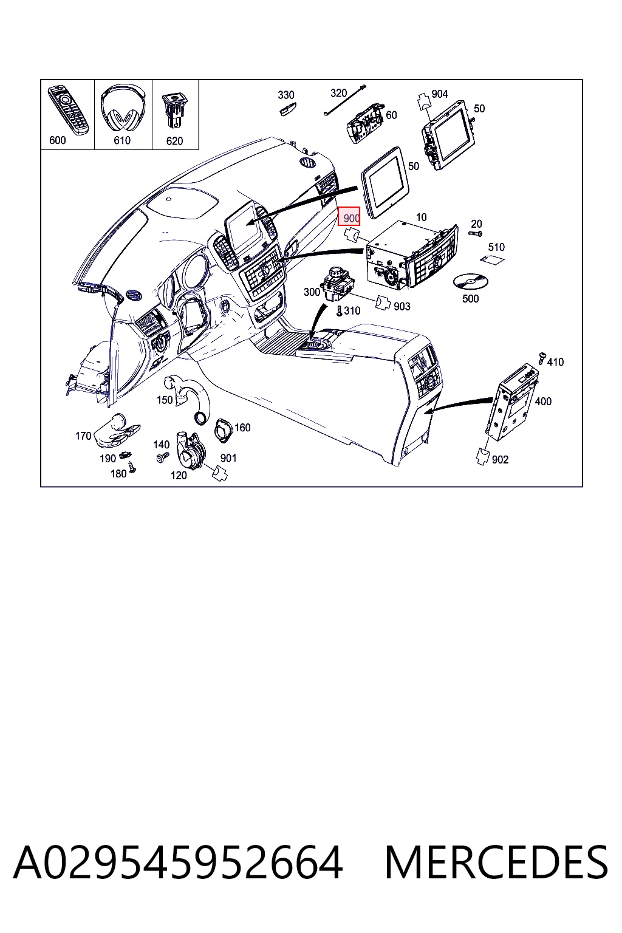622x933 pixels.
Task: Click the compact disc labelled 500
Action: (x=470, y=282)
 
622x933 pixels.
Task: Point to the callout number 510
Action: (x=496, y=247)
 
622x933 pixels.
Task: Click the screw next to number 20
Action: (x=476, y=234)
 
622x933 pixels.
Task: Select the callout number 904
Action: (x=440, y=94)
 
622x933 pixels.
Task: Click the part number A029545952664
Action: (x=179, y=861)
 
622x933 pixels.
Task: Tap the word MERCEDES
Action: (x=496, y=861)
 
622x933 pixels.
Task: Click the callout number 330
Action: (x=286, y=95)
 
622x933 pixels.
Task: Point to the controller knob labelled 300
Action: (x=338, y=284)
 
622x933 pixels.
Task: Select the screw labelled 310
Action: (x=339, y=311)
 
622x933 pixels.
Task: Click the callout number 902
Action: (x=500, y=459)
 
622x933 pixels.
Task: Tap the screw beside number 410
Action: (x=542, y=358)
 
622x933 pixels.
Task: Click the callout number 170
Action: (x=83, y=436)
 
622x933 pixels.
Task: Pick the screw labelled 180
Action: (x=132, y=467)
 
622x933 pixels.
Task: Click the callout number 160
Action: (x=242, y=428)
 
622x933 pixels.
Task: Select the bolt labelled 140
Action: (x=162, y=457)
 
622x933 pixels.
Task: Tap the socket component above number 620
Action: (x=174, y=109)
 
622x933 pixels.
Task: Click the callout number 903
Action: (x=402, y=307)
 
